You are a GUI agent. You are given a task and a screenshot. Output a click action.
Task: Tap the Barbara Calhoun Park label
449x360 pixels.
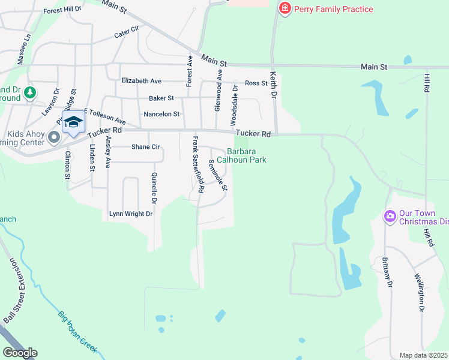(246, 155)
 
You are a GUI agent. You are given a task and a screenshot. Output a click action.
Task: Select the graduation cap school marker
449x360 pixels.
(73, 122)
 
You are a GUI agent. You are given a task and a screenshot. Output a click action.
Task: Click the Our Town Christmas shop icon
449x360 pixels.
(390, 216)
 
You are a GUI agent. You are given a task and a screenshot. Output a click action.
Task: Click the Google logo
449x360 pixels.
(20, 353)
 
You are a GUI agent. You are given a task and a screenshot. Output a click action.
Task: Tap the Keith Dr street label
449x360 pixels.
(274, 85)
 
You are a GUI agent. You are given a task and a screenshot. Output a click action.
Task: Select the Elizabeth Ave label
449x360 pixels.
(141, 80)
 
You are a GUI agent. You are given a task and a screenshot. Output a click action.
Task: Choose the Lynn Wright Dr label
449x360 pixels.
(131, 214)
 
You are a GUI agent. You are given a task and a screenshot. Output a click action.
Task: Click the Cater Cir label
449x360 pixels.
(126, 32)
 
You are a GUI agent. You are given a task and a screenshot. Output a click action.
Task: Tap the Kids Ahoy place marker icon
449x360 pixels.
(54, 138)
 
